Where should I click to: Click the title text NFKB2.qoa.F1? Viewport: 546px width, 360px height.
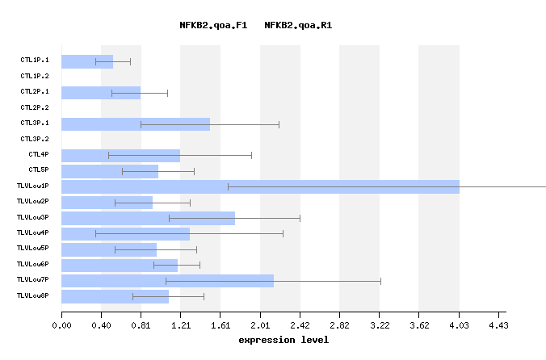[x=213, y=25]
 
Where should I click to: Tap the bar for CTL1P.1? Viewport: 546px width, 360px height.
[x=87, y=61]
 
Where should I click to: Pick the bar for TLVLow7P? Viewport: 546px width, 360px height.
[x=167, y=281]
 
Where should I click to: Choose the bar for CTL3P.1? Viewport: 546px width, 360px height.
[x=136, y=124]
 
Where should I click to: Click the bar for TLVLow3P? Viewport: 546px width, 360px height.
[x=148, y=218]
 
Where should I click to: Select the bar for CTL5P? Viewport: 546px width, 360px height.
[x=110, y=171]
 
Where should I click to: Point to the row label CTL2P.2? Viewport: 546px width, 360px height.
[x=35, y=107]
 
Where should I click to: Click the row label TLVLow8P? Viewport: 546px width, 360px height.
[x=33, y=296]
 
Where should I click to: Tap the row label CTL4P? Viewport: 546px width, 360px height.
[x=39, y=154]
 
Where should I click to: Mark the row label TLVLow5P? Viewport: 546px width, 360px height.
[x=33, y=249]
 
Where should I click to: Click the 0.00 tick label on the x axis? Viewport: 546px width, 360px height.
[x=61, y=326]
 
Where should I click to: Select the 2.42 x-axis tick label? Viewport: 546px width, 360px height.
[x=300, y=326]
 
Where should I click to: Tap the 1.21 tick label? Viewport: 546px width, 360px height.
[x=180, y=326]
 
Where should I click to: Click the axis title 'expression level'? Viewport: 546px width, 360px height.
[x=283, y=340]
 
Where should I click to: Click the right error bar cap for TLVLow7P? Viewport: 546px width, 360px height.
[x=380, y=281]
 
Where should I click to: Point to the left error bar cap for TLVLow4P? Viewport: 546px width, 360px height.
[x=95, y=233]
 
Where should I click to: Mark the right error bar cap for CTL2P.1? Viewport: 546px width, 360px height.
[x=167, y=93]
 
